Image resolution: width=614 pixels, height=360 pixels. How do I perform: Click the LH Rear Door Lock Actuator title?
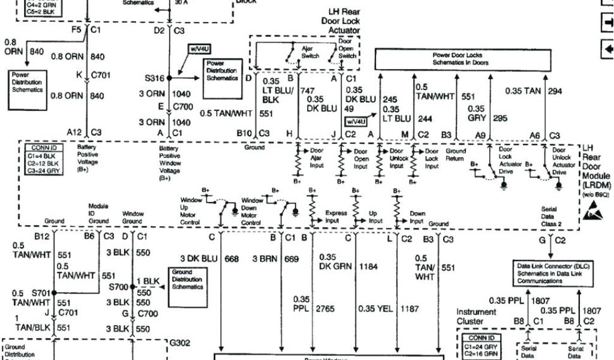(344, 21)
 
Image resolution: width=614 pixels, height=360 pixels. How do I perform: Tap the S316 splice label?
(154, 78)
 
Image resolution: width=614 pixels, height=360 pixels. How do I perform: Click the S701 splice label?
(42, 293)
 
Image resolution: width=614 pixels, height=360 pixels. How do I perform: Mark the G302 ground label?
(180, 343)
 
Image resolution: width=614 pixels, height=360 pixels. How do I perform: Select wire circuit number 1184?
(369, 266)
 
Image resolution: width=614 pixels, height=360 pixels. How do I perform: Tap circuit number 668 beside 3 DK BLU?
(231, 259)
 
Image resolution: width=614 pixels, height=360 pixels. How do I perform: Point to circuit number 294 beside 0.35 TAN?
(555, 91)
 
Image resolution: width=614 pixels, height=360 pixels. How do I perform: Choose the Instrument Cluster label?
(476, 317)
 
